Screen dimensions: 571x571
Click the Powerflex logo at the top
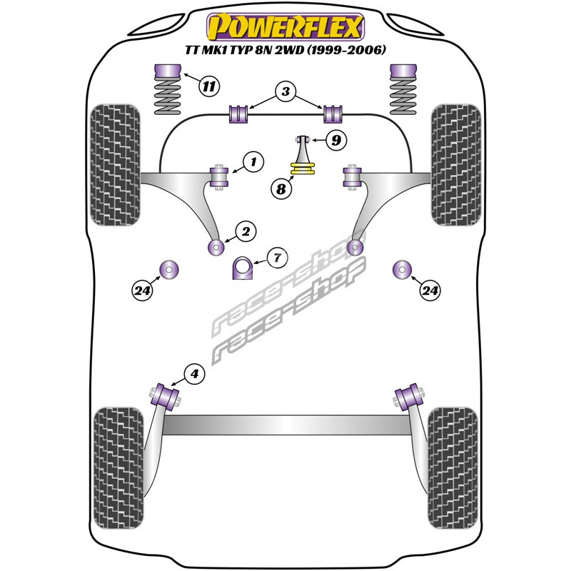pyautogui.click(x=285, y=27)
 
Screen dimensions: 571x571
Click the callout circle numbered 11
pyautogui.click(x=208, y=87)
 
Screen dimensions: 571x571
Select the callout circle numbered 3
pyautogui.click(x=285, y=92)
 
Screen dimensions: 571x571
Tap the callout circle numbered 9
pyautogui.click(x=335, y=140)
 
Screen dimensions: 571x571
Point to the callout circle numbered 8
pyautogui.click(x=281, y=189)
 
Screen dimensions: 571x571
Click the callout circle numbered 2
pyautogui.click(x=245, y=231)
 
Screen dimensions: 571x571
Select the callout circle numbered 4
pyautogui.click(x=194, y=373)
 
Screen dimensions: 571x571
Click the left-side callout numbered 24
pyautogui.click(x=142, y=290)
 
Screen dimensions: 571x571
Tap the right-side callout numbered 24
pyautogui.click(x=430, y=290)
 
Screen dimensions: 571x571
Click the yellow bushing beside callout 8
pyautogui.click(x=304, y=169)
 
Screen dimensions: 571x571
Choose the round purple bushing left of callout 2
pyautogui.click(x=215, y=247)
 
